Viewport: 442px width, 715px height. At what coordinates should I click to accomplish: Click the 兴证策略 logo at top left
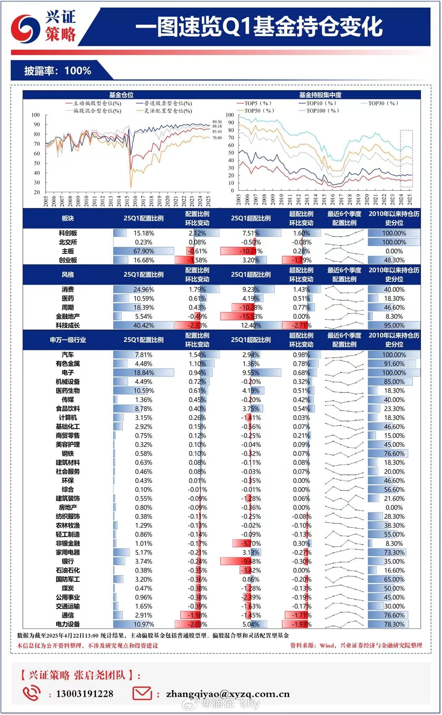coord(43,26)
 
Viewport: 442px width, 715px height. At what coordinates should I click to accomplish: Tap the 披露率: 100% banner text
coord(58,71)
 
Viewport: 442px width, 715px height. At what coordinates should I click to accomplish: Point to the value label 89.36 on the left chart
coord(217,122)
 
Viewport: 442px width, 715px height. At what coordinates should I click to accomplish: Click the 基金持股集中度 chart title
coord(320,95)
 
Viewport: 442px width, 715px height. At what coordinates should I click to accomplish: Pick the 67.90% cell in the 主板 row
coord(144,251)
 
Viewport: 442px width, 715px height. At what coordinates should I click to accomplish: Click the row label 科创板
coord(68,233)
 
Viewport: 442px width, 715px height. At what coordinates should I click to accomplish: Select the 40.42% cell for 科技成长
coord(144,325)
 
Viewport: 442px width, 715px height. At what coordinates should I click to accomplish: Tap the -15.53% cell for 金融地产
coord(251,316)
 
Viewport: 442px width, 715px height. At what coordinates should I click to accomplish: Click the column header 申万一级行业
coord(68,340)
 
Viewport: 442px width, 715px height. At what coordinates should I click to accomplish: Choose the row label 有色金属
coord(68,364)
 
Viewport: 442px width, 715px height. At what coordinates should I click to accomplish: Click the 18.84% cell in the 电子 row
coord(144,373)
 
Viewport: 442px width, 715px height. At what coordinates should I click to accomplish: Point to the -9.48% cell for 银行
coord(251,561)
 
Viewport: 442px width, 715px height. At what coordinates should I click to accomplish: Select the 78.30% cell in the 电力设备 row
coord(394,624)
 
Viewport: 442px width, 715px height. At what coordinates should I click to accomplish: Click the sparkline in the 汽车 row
coord(344,355)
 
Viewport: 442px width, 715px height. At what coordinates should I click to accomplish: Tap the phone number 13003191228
coord(85,694)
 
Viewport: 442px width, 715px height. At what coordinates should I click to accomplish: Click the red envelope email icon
coord(142,693)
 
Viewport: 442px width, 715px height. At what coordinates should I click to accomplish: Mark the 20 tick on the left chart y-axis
coord(37,192)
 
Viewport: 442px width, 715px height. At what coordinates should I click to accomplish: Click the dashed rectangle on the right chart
coord(406,159)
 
